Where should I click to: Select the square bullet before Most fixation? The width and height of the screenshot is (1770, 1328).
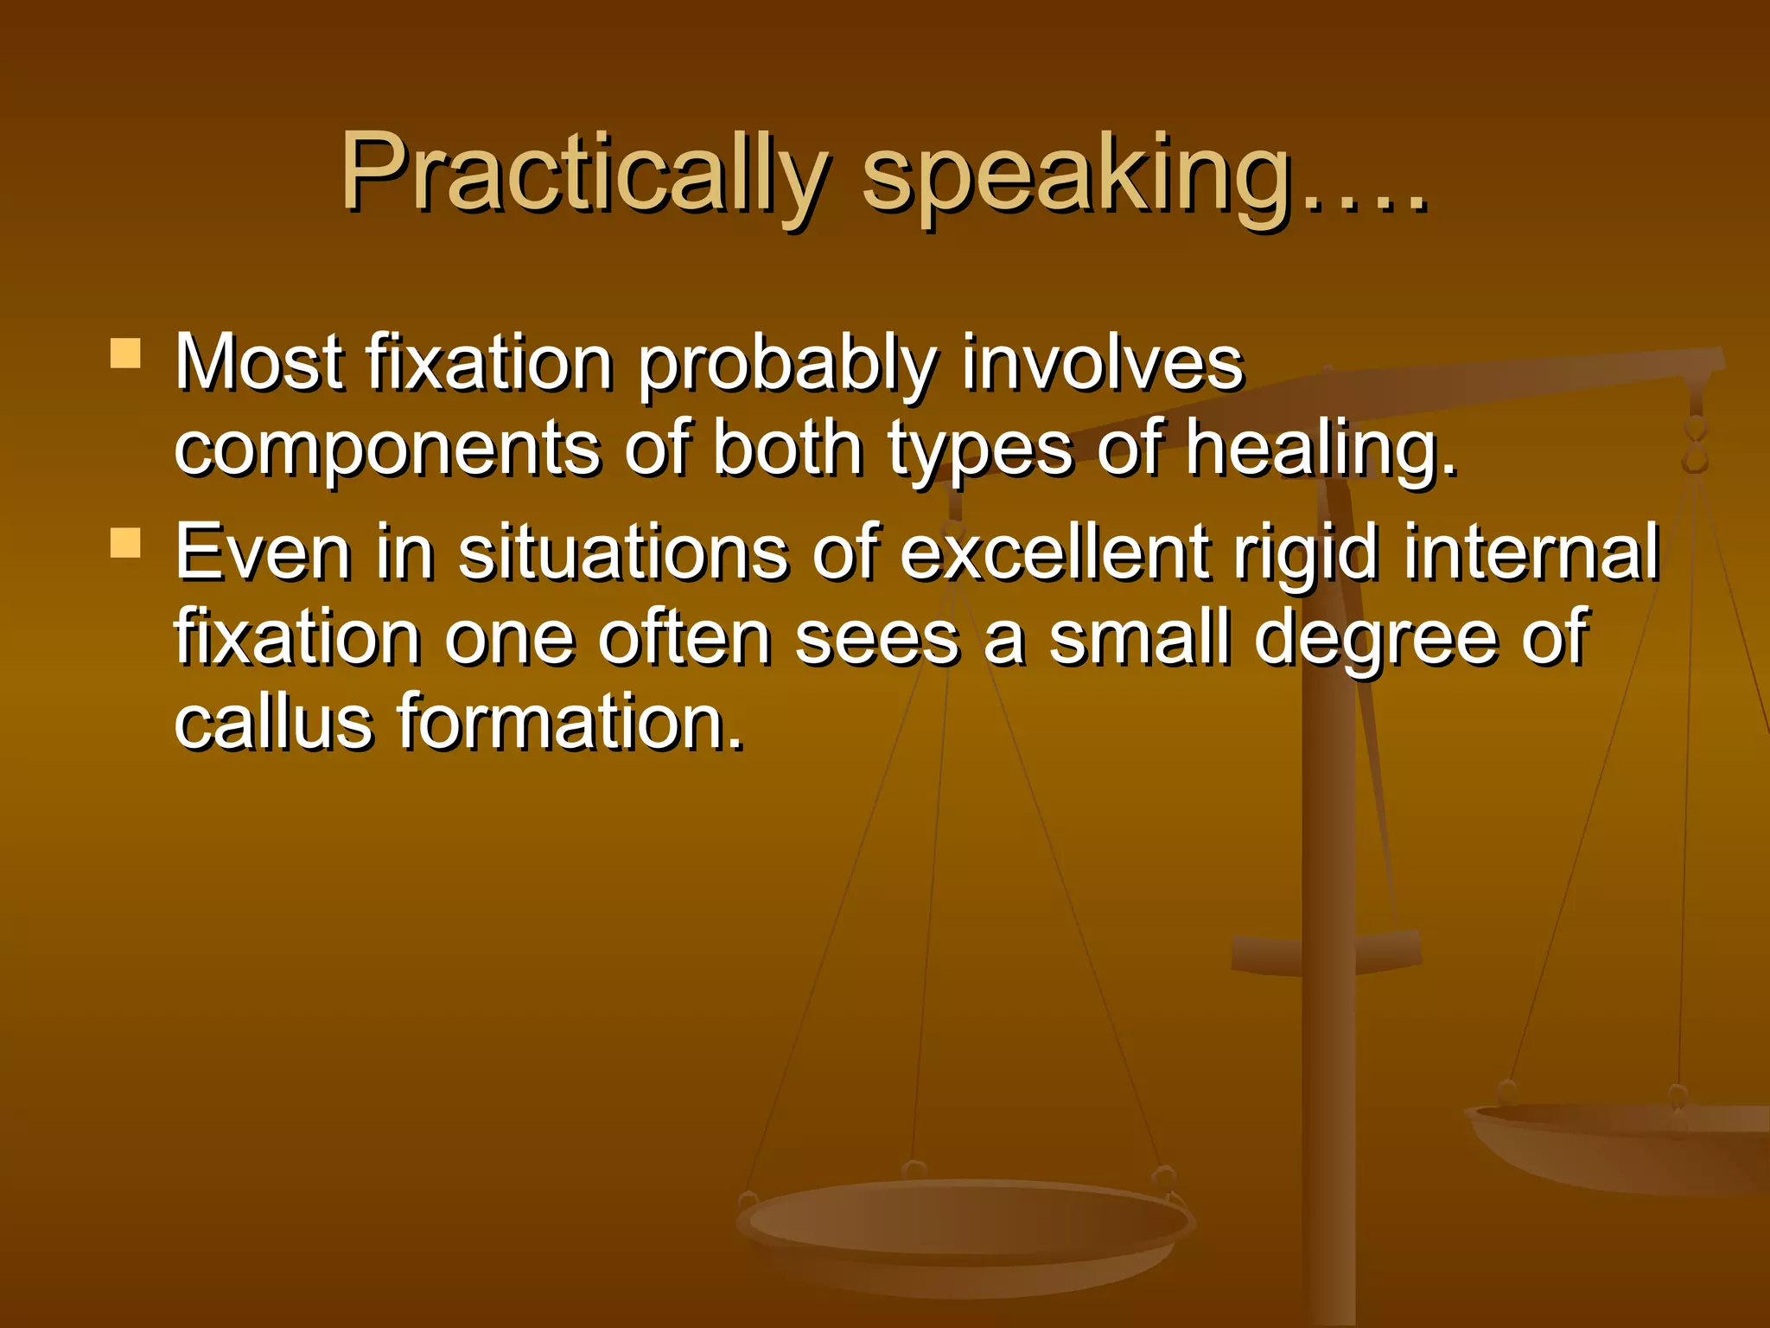[x=126, y=354]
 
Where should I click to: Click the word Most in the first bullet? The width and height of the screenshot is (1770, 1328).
[x=258, y=363]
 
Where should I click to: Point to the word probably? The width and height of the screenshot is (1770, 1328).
[x=786, y=367]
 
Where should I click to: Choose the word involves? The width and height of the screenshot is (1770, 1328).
[x=1102, y=363]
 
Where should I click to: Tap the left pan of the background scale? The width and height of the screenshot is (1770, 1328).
[x=964, y=1228]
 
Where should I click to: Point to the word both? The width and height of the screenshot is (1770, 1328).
[x=787, y=450]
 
